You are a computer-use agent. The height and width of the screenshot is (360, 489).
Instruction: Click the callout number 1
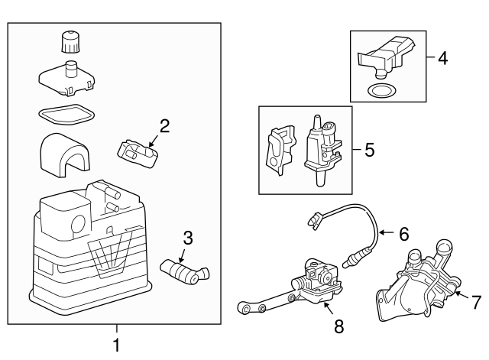(x=116, y=345)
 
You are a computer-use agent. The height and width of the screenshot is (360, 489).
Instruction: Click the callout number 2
(x=164, y=125)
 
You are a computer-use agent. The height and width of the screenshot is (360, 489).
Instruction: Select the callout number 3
(x=188, y=237)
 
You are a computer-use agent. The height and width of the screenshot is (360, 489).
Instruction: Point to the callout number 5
(x=369, y=149)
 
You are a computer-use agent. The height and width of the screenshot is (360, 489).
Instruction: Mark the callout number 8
(x=338, y=326)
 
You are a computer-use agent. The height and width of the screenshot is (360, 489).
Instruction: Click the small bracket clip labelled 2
(x=138, y=150)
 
